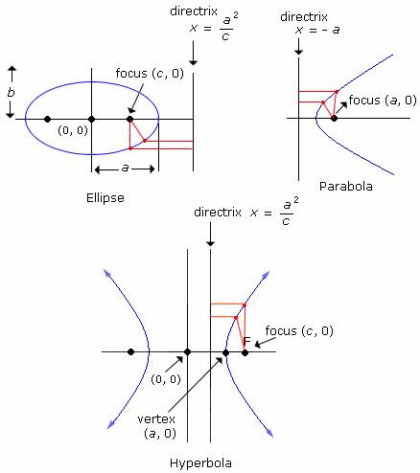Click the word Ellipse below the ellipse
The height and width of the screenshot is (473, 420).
click(105, 198)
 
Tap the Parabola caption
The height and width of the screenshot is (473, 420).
click(346, 186)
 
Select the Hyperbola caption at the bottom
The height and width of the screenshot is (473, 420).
click(200, 462)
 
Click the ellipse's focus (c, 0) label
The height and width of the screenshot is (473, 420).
click(150, 74)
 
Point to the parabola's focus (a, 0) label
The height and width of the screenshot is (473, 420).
click(383, 101)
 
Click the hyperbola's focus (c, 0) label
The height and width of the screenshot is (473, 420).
click(299, 330)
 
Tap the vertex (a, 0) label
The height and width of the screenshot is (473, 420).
click(156, 426)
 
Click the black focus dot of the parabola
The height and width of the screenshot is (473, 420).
click(334, 119)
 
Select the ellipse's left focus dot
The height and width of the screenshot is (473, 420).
click(48, 119)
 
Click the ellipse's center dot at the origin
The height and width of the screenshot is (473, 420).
click(92, 120)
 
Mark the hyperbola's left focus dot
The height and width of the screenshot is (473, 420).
click(130, 351)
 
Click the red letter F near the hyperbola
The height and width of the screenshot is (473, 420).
click(246, 341)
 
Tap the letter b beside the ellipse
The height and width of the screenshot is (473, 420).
click(12, 93)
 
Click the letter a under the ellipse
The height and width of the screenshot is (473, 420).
click(125, 168)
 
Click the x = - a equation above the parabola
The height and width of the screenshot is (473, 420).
click(317, 30)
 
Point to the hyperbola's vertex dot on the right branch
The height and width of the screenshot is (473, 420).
click(225, 352)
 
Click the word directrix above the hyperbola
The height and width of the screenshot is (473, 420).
click(218, 212)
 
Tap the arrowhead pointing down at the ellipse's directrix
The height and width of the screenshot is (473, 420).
click(193, 62)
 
